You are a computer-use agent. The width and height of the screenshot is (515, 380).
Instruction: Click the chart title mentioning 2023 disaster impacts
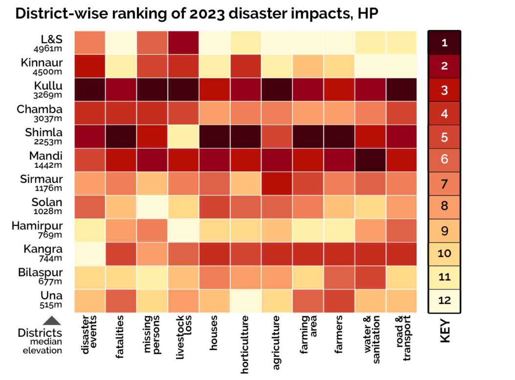(197, 13)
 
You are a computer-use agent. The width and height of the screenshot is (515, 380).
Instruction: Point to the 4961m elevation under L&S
(48, 49)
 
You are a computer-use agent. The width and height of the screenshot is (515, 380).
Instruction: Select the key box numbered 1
(444, 43)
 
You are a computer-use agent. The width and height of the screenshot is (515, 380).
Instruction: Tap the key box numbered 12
(444, 301)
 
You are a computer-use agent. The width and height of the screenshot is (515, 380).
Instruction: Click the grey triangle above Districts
(52, 321)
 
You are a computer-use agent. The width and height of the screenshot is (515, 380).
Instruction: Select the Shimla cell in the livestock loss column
(183, 137)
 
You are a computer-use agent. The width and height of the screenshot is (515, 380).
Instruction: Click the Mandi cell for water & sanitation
(370, 160)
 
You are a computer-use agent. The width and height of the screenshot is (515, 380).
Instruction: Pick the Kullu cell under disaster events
(90, 90)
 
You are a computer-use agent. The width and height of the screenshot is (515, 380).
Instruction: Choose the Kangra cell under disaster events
(90, 254)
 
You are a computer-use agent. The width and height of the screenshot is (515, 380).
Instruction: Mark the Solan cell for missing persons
(152, 207)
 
